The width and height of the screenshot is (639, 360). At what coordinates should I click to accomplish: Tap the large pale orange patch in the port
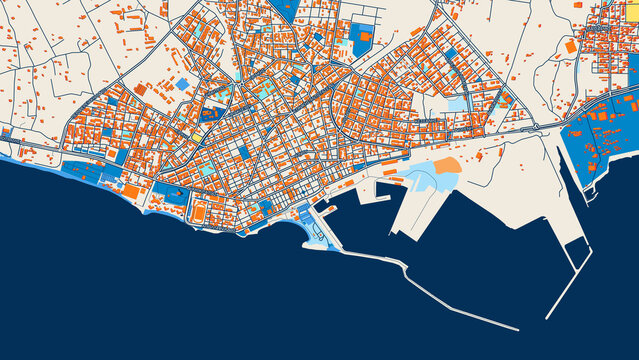click(x=446, y=165)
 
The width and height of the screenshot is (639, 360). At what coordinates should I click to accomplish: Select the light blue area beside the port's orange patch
click(x=419, y=179)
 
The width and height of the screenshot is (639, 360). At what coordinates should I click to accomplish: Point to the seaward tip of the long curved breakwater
click(x=516, y=327)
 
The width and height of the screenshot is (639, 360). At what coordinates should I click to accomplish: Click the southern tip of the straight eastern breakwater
click(x=549, y=317)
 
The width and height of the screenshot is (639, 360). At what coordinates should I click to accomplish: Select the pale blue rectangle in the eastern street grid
click(x=456, y=103)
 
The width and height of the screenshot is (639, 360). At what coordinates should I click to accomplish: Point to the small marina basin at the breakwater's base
click(x=317, y=233)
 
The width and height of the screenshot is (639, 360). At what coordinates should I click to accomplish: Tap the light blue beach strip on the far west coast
click(x=20, y=158)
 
